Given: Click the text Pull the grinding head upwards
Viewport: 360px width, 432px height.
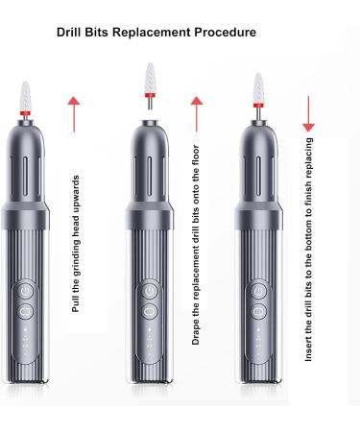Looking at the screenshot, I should [x=76, y=245].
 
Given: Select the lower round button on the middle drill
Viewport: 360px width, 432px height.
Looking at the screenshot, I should [x=149, y=311].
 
